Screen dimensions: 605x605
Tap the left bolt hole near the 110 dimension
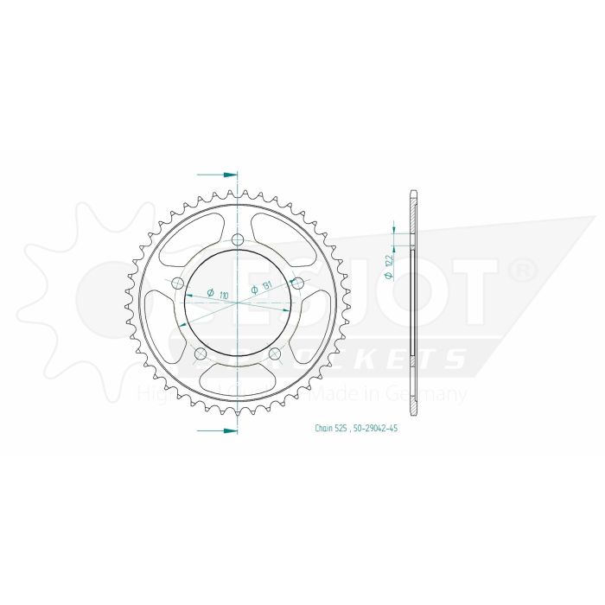click(177, 283)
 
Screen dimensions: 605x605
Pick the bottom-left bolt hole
click(201, 354)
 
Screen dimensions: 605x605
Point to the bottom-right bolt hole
click(275, 354)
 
